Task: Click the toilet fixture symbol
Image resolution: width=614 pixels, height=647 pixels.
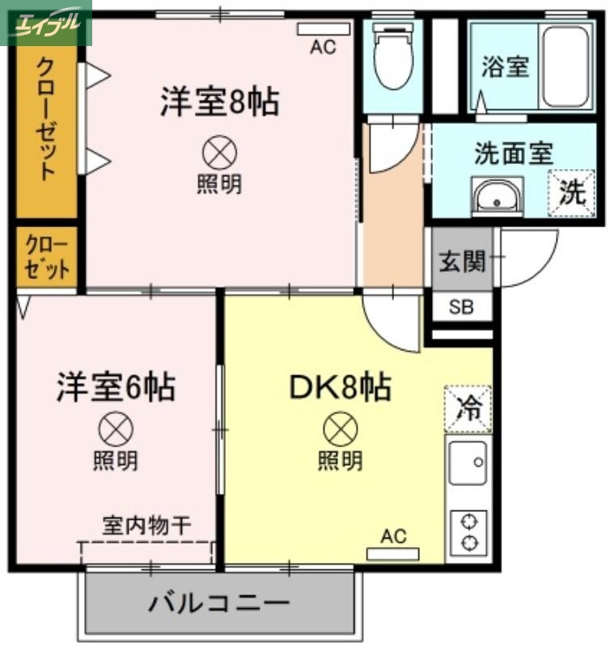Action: (392, 61)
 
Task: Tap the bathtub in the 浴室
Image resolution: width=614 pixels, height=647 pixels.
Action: (567, 67)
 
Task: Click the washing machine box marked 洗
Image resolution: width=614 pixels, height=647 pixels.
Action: (572, 192)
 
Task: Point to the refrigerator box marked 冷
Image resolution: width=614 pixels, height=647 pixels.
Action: (468, 408)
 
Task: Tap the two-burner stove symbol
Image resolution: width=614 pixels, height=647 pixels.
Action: (468, 531)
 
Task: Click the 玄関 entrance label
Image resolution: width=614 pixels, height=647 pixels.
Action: (462, 261)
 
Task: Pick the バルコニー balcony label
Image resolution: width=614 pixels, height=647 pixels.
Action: (219, 603)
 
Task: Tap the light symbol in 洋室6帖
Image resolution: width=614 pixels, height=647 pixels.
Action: (115, 427)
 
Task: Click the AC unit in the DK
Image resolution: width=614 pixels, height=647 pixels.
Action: (393, 554)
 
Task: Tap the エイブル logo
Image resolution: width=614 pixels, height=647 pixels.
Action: (46, 23)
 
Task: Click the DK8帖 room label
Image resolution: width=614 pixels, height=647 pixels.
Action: (340, 387)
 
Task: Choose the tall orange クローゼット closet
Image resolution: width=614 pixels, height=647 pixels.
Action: (47, 129)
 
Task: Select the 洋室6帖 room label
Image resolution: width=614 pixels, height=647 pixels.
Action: (115, 387)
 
